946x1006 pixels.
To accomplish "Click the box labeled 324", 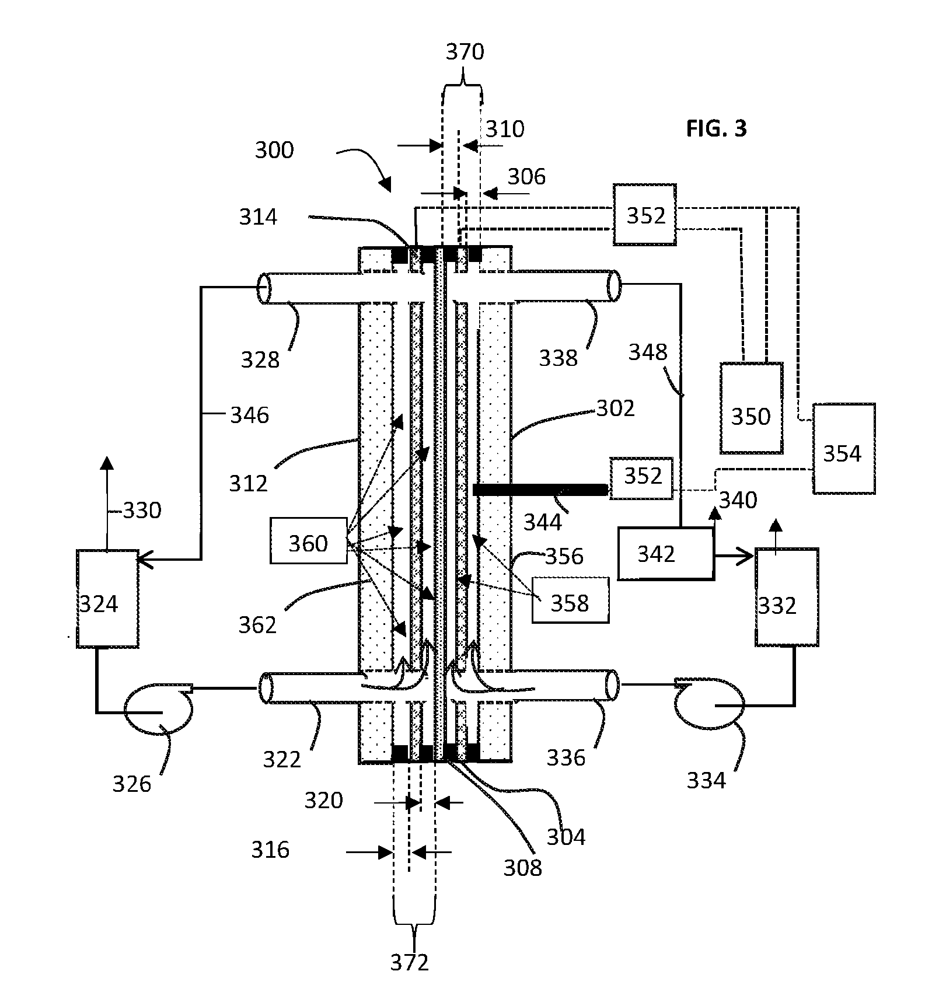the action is (108, 598).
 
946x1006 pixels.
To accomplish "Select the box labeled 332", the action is (787, 597).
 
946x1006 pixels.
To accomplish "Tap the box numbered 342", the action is (666, 553).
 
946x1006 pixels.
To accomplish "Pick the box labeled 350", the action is (751, 408).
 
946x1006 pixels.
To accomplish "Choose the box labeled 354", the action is (844, 448).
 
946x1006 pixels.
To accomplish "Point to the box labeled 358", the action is (570, 600).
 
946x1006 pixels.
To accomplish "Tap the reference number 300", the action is (274, 150).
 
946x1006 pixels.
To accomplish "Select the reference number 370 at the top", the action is (465, 52).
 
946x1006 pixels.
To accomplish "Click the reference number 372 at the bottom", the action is (410, 962).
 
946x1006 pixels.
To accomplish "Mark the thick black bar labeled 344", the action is (540, 490).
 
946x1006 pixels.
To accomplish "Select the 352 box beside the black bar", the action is (641, 478).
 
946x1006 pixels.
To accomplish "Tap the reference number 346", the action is (250, 415).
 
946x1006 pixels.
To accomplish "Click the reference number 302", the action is (615, 408).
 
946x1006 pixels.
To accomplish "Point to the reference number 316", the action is (271, 850).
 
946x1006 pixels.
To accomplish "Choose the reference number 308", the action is (523, 868).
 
